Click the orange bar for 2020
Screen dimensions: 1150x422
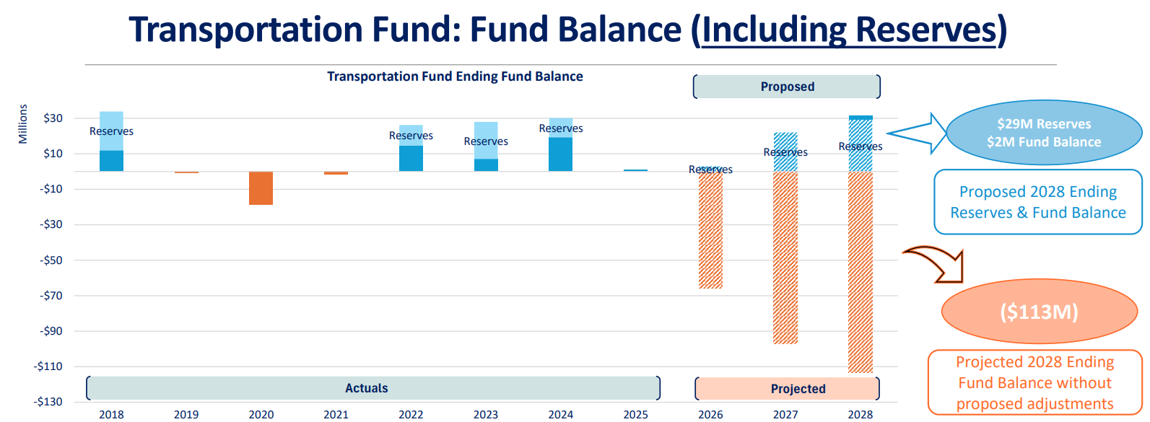261,188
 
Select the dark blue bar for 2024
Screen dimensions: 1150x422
561,154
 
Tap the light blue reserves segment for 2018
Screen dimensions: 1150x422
111,131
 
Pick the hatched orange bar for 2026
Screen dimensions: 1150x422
710,230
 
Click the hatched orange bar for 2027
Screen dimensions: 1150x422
785,258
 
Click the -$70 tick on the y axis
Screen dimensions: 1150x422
51,295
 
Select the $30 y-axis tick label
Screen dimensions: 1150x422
53,118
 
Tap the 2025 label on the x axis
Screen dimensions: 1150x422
635,414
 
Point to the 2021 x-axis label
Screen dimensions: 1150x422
336,414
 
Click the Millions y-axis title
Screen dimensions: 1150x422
23,124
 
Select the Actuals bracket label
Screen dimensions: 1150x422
367,388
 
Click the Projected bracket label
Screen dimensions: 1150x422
798,389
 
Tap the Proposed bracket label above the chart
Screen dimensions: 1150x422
788,87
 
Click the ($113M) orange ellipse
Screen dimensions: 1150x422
1040,311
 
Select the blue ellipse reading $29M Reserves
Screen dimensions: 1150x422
1045,132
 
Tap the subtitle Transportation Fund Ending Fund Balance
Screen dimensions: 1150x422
455,76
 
